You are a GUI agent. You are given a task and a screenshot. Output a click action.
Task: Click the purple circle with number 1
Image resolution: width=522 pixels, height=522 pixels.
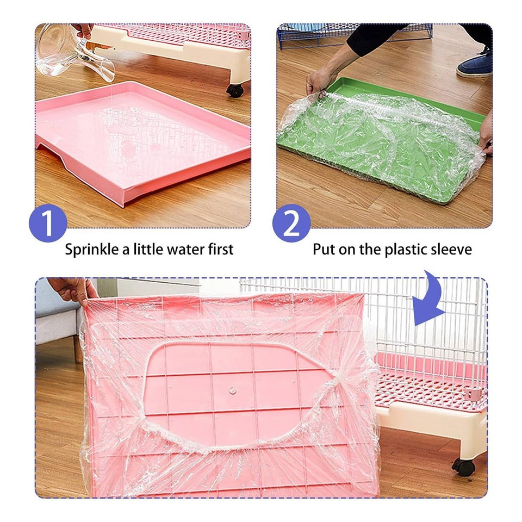[x=48, y=223]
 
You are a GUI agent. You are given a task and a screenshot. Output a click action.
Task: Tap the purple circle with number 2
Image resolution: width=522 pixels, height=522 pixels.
[x=291, y=223]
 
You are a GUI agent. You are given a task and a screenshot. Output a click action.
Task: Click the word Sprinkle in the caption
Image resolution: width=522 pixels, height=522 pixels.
[x=91, y=250]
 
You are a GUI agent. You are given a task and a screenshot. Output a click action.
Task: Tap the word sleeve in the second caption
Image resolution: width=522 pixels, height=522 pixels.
[x=452, y=250]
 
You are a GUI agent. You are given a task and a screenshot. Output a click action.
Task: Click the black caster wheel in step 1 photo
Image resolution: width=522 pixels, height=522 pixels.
[x=235, y=90]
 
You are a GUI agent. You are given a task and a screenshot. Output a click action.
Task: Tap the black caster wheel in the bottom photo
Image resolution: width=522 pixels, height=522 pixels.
[x=463, y=467]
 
